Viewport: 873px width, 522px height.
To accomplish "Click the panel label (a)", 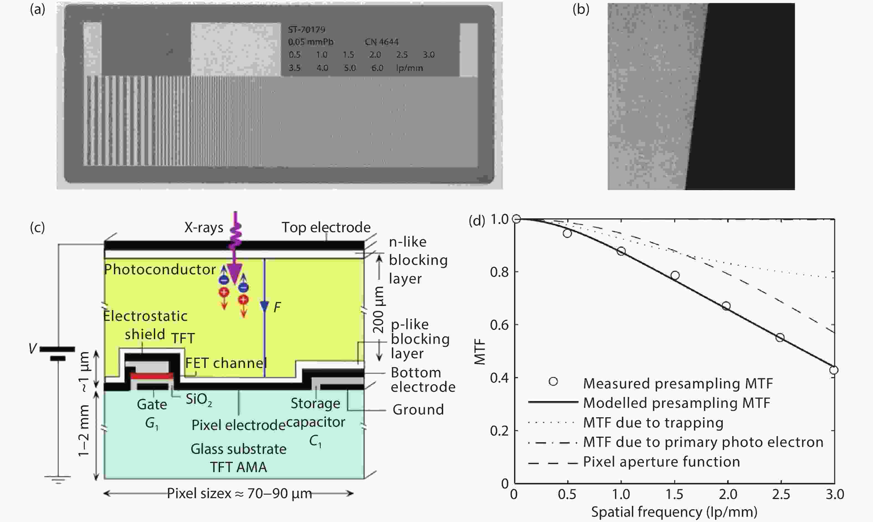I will point(37,9).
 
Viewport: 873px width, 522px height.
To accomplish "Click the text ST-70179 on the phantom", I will point(306,30).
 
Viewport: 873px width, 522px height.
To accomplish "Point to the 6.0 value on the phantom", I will point(377,68).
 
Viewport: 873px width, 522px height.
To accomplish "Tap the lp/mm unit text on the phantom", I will point(409,68).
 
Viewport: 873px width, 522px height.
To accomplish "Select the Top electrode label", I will point(326,227).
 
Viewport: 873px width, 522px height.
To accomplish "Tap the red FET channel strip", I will point(152,375).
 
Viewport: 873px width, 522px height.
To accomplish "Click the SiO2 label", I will point(199,400).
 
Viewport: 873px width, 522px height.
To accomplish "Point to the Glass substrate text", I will point(238,449).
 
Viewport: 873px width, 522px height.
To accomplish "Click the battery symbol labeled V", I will point(57,354).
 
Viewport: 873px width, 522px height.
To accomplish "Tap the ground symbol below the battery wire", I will point(58,479).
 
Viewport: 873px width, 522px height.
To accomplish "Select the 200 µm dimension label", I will point(379,309).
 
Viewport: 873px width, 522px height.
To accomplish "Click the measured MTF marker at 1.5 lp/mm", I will point(675,275).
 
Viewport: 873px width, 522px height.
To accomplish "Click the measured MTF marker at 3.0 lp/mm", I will point(834,370).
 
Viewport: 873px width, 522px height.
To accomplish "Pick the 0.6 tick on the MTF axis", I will point(499,325).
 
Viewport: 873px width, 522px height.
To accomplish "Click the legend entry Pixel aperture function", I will point(661,462).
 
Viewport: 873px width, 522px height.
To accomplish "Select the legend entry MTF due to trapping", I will point(653,423).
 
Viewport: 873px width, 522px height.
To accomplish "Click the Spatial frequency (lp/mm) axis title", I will point(674,512).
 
